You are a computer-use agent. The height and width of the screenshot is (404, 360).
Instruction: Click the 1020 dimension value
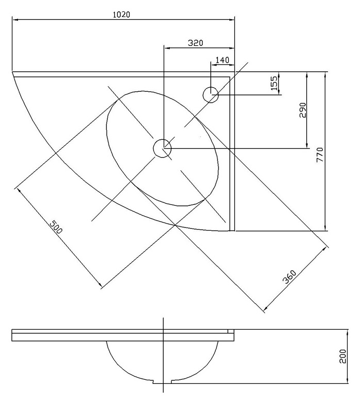[121, 14]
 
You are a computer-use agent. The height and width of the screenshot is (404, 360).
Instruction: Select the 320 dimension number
[195, 43]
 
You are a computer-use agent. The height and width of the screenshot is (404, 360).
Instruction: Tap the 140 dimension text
[222, 60]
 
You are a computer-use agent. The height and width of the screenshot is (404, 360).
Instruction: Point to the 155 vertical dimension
[274, 83]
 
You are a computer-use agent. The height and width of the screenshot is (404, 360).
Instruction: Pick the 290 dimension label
[303, 110]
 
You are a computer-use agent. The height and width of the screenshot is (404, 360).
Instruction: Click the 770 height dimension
[320, 155]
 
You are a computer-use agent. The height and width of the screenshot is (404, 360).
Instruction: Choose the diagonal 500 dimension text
[56, 227]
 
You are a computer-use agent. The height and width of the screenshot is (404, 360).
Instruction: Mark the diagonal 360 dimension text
[289, 277]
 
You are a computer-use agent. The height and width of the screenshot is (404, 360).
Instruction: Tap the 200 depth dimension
[342, 357]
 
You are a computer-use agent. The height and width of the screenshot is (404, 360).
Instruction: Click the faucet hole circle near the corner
[211, 95]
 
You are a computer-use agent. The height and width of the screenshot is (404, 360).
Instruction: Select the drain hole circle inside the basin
[162, 149]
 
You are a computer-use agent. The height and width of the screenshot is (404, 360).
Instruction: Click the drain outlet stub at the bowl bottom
[163, 381]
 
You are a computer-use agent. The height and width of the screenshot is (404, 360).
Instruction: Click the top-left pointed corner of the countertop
[12, 72]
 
